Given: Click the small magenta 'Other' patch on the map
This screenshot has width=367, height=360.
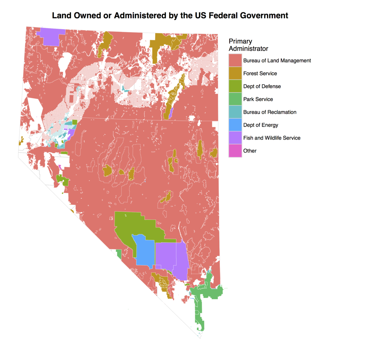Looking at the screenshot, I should coord(60,167).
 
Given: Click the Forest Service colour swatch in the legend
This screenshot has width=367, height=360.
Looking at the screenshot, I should coord(235,73).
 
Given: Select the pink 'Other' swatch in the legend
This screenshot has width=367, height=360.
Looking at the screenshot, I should coord(235,151).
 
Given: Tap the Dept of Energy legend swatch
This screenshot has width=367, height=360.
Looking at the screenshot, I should coord(235,125).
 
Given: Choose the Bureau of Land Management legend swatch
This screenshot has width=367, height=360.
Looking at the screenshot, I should coord(235,61).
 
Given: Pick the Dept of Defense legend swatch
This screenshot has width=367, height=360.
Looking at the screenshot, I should coord(235,86).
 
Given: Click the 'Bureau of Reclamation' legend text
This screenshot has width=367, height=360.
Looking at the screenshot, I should coord(270,112).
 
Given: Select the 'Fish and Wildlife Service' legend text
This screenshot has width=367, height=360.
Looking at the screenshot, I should coord(272,138).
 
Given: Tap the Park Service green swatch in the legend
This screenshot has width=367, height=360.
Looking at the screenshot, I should coord(235,99).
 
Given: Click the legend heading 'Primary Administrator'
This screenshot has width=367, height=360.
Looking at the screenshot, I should coord(248,45).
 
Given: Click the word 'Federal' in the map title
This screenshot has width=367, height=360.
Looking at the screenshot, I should coord(204,16).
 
